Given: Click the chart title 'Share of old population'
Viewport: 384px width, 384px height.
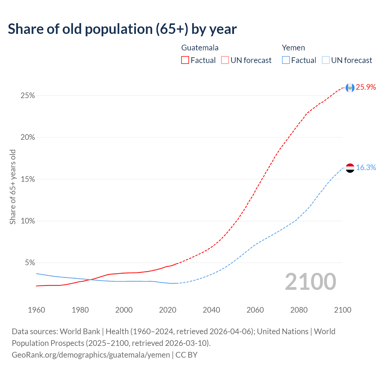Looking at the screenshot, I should point(122,29).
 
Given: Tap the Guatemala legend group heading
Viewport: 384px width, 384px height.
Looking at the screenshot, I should point(200,48).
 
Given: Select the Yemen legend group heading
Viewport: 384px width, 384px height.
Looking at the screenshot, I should point(293,48).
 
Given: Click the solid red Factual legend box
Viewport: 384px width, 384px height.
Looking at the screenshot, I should point(185,60).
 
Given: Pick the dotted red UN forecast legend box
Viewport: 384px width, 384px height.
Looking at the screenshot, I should point(225,60).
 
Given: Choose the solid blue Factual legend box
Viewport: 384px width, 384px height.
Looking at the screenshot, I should point(286,60).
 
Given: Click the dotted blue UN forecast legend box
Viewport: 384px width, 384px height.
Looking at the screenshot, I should point(325,60).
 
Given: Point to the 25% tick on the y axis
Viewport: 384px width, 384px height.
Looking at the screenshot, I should point(28,96).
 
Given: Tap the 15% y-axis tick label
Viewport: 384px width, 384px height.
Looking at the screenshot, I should point(28,179).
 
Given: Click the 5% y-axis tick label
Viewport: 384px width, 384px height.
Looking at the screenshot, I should point(30,263).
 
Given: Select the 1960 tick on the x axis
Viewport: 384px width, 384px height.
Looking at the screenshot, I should point(36,310).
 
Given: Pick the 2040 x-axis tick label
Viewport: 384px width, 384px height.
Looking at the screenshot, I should point(211,310).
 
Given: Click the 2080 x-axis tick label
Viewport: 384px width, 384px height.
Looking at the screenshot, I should point(299,310).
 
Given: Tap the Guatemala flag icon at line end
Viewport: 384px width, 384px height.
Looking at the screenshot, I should point(350,88).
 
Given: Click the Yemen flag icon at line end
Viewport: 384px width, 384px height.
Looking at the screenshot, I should point(350,168).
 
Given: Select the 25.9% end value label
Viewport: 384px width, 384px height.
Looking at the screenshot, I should point(366,87).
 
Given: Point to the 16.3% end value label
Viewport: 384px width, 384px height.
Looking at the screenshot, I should point(366,168).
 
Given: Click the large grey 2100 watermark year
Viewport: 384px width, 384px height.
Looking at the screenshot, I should point(310,282).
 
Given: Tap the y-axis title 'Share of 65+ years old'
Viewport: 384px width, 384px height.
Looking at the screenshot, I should point(13,187).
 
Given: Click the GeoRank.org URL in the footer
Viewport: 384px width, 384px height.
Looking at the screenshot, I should point(91,355).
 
